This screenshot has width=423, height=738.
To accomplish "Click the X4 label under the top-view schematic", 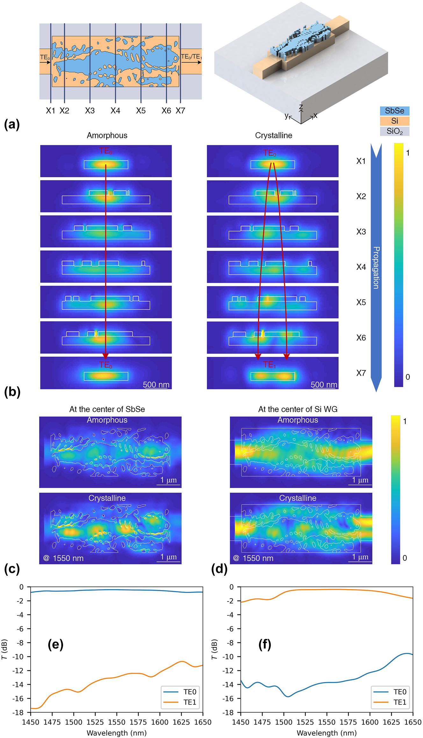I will point(115,111).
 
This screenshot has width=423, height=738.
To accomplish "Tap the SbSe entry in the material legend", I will point(394,111).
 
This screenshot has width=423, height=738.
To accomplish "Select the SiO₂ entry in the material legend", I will point(394,131).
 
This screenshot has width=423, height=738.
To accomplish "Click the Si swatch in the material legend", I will point(394,121).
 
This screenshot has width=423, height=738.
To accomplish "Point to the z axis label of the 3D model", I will point(301,107).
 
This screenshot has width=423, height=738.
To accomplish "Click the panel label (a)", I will point(12,124).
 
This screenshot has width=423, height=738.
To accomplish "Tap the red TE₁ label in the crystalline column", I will point(269,365).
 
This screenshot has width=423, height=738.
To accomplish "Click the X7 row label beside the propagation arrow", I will point(361,373).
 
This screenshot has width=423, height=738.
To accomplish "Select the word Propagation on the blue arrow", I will point(376,268).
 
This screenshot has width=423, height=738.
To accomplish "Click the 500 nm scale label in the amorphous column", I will point(156,385).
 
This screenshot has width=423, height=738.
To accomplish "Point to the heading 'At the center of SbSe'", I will point(107,409).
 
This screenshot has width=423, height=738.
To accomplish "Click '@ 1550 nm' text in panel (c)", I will point(63,558).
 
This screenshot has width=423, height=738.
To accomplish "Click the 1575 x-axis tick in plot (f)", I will point(348,722).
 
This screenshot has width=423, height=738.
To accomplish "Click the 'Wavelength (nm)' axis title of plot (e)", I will point(117,733).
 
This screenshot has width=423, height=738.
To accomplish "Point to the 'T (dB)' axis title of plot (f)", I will point(214,649).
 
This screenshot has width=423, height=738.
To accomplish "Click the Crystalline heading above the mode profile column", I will point(273,136).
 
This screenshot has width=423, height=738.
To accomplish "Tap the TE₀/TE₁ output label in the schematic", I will point(191,57).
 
